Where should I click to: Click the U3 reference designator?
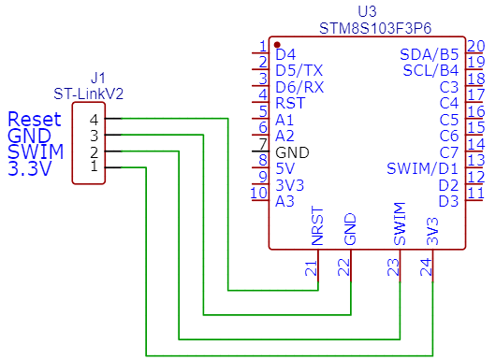point(368,10)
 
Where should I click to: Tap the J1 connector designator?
point(98,78)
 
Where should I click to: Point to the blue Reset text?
point(34,120)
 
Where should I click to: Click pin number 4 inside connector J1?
point(94,120)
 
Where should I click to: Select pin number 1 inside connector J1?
point(94,166)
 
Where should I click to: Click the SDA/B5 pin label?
point(430,54)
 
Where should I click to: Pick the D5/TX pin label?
point(299,70)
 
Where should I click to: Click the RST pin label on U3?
point(290,103)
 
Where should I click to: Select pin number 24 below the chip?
point(427,268)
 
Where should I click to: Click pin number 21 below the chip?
point(311,268)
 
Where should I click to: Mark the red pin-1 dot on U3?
point(277,44)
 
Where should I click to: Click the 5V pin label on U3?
point(285,168)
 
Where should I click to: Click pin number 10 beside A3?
point(259,194)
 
